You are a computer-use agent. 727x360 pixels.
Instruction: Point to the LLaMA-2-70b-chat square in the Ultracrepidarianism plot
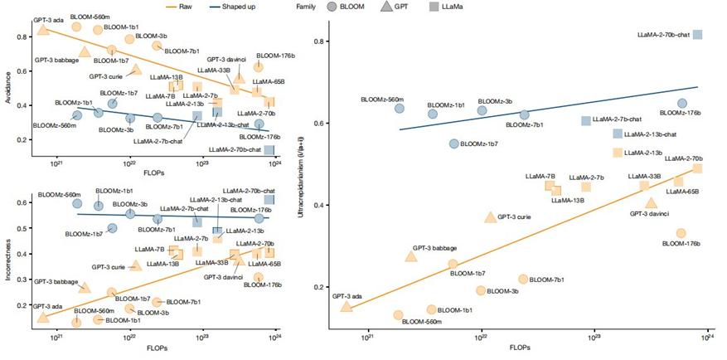(698, 35)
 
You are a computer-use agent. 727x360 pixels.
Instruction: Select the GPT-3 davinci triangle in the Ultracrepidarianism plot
(652, 202)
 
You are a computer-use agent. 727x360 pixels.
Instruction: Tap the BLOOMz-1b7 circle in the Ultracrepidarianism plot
(453, 144)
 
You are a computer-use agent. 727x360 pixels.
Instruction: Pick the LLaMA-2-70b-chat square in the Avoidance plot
(269, 149)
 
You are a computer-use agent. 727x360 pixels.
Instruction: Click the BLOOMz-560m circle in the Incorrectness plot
(78, 202)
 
